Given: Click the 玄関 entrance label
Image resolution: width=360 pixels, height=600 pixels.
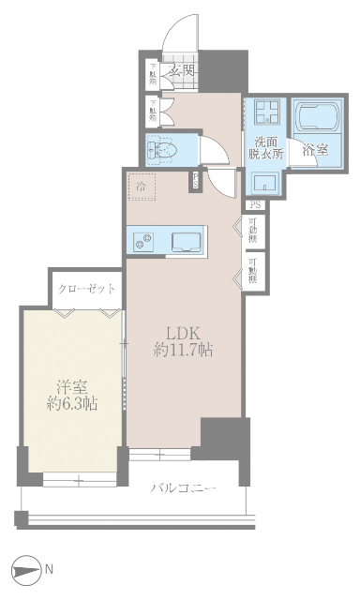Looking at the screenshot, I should coord(181,70).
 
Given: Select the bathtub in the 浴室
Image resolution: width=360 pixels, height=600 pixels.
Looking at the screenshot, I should coord(318,116).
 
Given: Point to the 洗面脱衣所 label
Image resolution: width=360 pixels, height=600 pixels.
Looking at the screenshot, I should coord(264,146).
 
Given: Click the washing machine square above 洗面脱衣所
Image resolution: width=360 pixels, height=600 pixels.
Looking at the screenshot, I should coord(264,114).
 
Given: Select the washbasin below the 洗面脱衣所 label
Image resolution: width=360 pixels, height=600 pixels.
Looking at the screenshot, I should coord(264,181).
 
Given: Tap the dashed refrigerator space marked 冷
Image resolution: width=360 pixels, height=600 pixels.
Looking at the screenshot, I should coord(142,187).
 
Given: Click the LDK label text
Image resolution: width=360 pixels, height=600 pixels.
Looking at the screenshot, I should coord(184,334).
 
